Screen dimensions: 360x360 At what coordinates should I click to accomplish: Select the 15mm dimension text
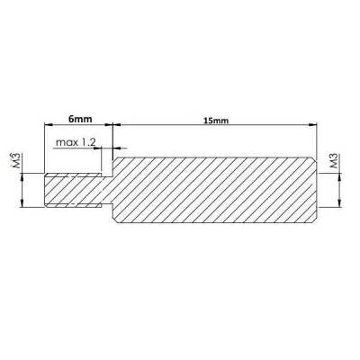[217, 118]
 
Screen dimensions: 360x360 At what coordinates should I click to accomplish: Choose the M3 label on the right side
[335, 162]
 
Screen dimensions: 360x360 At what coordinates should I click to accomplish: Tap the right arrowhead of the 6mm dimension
[113, 126]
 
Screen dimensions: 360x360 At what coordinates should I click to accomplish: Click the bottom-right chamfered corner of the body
[316, 220]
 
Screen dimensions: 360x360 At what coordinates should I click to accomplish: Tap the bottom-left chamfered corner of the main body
[113, 220]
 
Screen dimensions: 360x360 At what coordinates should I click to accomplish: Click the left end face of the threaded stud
[46, 191]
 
